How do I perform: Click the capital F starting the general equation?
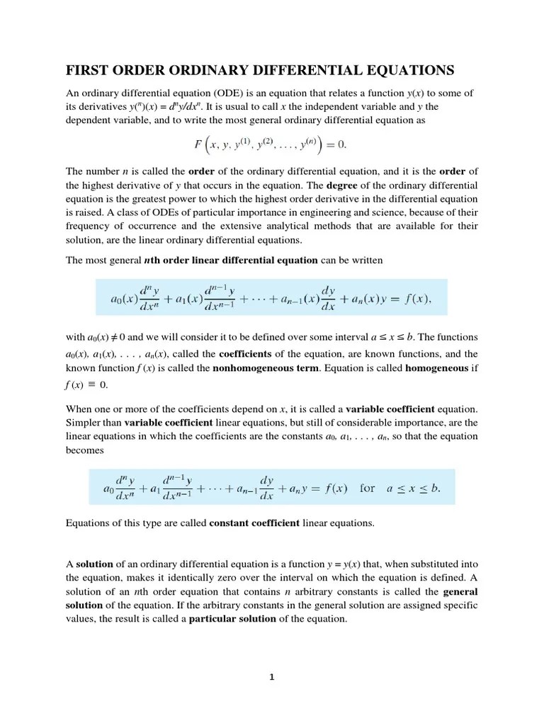point(198,145)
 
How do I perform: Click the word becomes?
point(85,450)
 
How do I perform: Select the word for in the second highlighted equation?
point(368,488)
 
